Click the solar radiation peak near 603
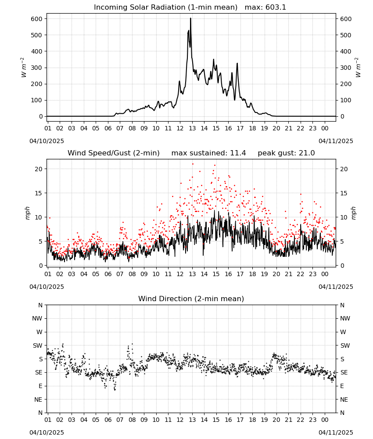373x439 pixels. [x=190, y=18]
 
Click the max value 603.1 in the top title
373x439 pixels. [x=275, y=7]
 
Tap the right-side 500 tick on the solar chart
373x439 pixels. [x=346, y=35]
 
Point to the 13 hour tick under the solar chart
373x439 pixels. [x=192, y=128]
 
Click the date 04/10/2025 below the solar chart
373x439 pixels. [x=47, y=141]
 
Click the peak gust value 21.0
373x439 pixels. [x=307, y=153]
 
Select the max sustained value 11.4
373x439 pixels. [x=238, y=153]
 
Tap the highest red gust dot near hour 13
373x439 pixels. [x=193, y=164]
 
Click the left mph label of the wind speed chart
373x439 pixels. [x=27, y=213]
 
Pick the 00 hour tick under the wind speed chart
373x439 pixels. [x=325, y=274]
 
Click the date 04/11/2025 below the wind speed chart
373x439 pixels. [x=336, y=287]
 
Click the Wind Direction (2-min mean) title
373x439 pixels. [x=191, y=299]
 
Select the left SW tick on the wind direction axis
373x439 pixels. [x=38, y=345]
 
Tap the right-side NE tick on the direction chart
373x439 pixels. [x=344, y=399]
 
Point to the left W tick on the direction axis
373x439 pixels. [x=39, y=332]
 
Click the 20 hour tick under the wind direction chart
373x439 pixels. [x=276, y=420]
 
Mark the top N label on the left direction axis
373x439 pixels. [x=40, y=305]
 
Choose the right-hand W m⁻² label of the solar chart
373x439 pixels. [x=358, y=68]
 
